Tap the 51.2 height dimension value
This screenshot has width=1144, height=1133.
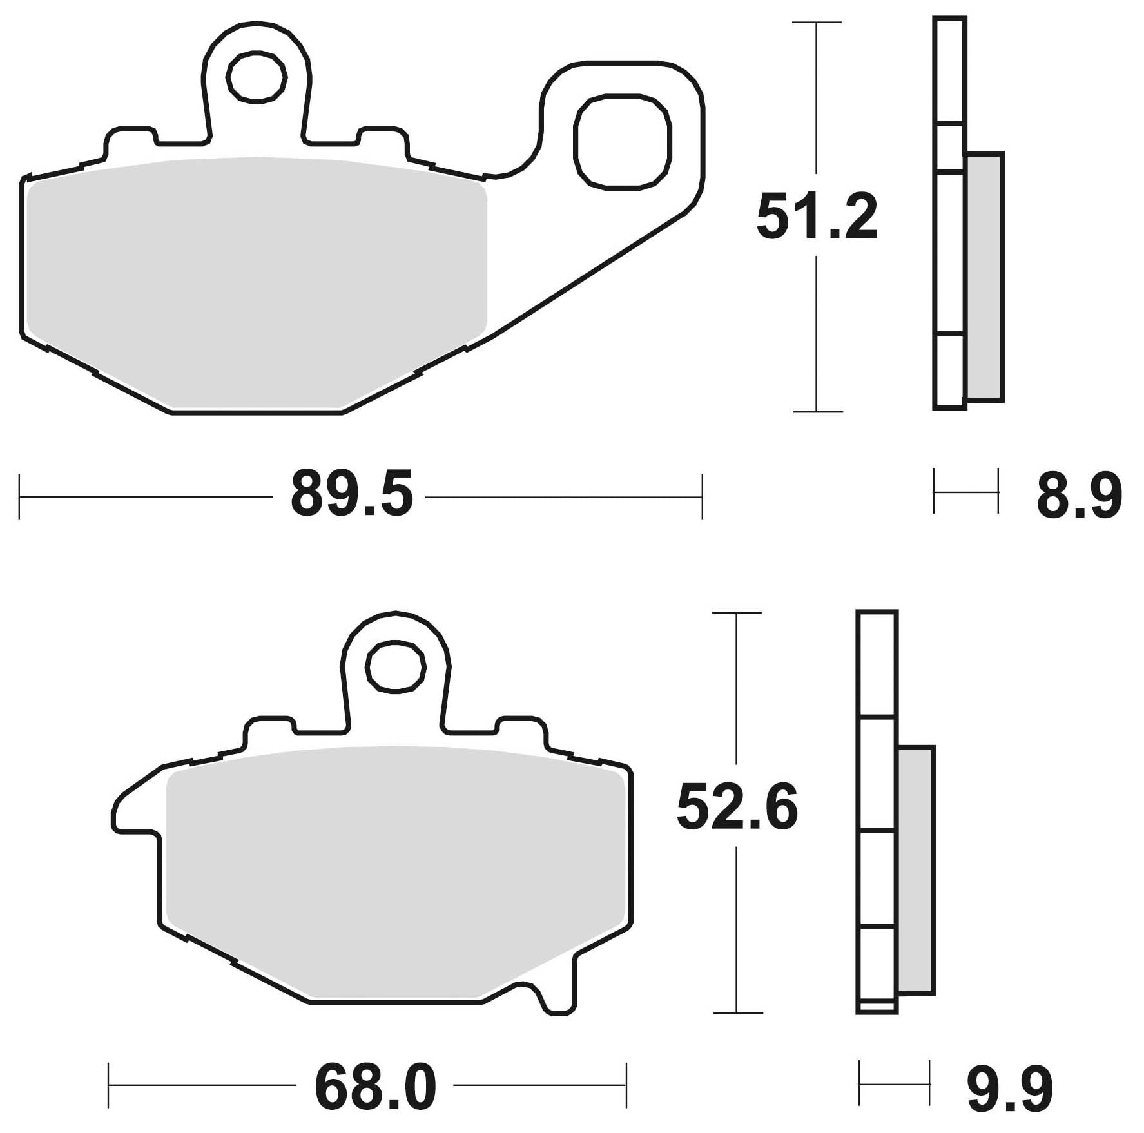click(817, 217)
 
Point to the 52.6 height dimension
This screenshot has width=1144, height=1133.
click(737, 808)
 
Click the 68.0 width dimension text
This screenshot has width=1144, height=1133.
click(375, 1087)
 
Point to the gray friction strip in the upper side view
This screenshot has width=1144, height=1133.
click(986, 277)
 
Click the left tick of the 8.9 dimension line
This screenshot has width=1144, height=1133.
click(934, 492)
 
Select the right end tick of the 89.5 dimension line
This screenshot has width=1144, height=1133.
click(702, 497)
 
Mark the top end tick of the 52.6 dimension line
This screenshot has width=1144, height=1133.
click(737, 613)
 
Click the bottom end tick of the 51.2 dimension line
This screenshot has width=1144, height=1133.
click(817, 411)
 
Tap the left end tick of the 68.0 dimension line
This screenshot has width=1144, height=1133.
click(110, 1085)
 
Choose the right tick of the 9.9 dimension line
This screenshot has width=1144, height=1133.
click(930, 1085)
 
